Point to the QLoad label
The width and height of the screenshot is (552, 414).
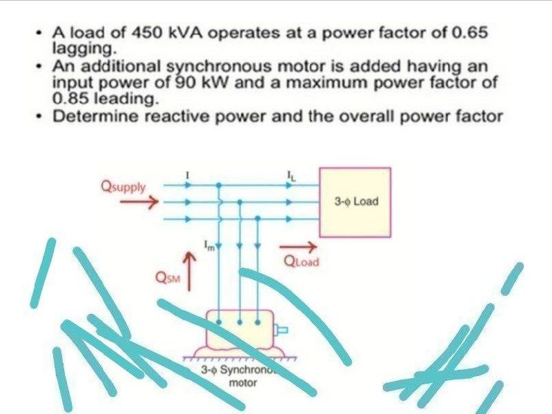point(302,262)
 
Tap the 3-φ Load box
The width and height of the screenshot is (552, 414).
point(355,202)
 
